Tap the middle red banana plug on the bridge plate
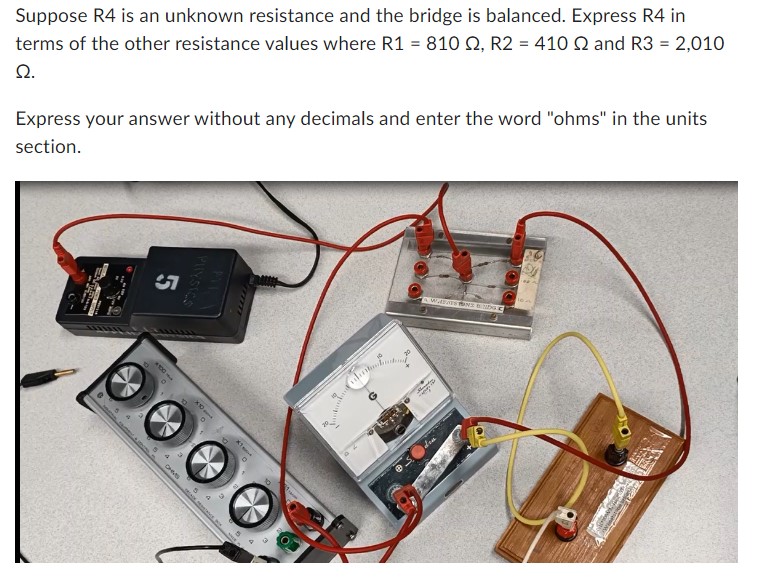pos(463,262)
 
